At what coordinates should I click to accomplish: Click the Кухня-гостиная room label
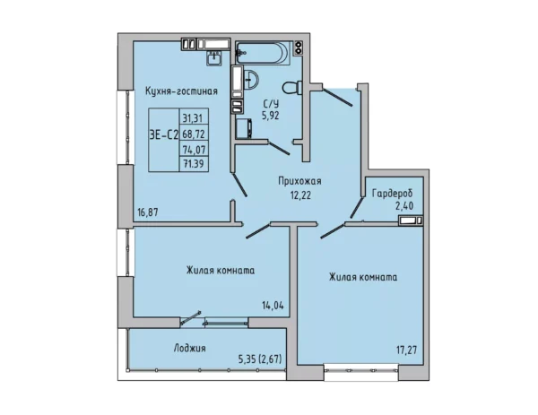coord(181,91)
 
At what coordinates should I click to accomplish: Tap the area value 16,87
coord(148,212)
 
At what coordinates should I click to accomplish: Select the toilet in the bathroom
coord(292,87)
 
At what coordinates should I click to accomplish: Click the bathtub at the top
coord(264,53)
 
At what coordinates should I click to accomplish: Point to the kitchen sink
coord(214,57)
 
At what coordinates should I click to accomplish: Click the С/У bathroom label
coord(271,104)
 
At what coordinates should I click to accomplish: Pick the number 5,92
coord(271,116)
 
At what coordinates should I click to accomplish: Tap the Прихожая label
coord(299,181)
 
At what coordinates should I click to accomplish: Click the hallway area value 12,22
coord(300,195)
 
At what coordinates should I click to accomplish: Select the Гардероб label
coord(393,194)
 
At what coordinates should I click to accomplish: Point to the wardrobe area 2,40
coord(403,206)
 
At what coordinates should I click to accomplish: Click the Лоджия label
coord(190,349)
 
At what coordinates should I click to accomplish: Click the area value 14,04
coord(273,306)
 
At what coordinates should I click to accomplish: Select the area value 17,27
coord(407,350)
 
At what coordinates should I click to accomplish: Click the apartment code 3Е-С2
coord(164,135)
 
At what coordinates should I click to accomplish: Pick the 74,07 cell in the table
coord(194,150)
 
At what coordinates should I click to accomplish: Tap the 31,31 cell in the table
coord(194,118)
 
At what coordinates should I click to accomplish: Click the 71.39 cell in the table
coord(194,164)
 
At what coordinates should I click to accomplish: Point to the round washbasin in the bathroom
coord(251,79)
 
